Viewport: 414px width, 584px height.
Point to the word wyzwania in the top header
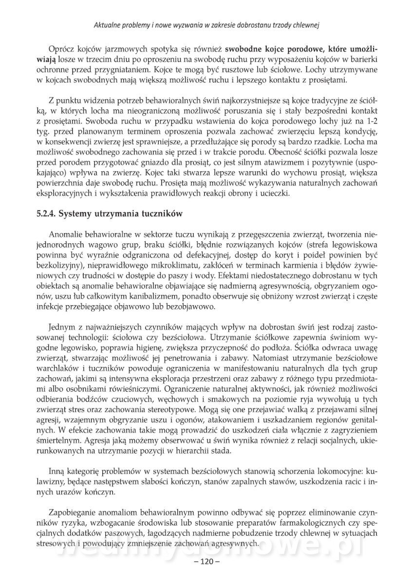(202, 23)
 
